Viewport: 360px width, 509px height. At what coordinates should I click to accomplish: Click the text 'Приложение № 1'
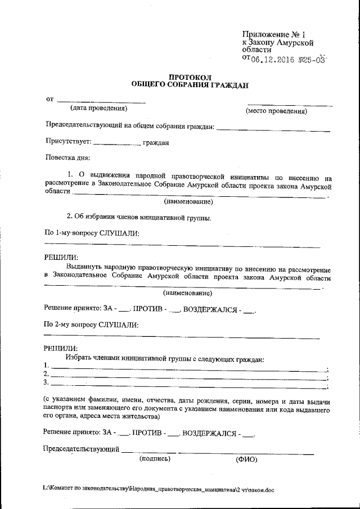pos(272,34)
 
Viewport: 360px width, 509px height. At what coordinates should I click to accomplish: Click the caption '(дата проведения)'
pos(98,107)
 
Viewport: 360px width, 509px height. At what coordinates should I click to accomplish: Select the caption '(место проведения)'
pos(276,111)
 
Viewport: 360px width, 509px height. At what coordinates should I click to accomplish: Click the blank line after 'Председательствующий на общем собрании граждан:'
pos(273,129)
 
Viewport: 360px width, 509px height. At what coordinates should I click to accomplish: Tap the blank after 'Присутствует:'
pos(116,145)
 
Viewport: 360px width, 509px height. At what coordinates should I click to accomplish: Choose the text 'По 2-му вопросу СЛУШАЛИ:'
pos(91,325)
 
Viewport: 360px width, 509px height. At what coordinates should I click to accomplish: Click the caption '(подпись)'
pos(155,459)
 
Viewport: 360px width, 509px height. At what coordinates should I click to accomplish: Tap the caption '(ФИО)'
pos(246,460)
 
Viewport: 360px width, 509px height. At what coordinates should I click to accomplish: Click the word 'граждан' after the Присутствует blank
pos(156,143)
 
